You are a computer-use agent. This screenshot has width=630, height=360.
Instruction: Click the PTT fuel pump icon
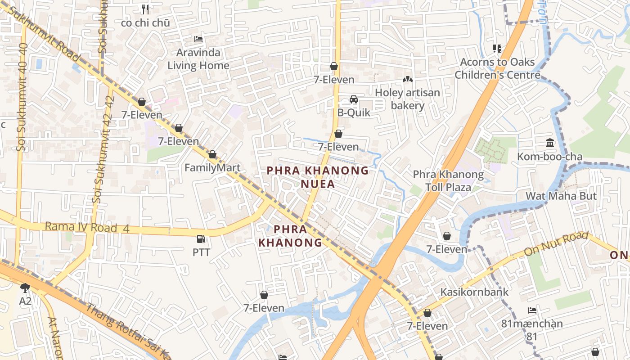click(201, 239)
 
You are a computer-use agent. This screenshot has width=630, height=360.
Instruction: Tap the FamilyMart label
click(212, 168)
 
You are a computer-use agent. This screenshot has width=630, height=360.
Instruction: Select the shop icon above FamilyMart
click(212, 155)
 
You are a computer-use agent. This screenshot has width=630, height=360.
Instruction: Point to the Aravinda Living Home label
click(198, 59)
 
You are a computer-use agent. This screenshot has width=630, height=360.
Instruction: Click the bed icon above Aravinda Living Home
click(198, 39)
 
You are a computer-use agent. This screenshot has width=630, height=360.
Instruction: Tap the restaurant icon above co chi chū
click(145, 9)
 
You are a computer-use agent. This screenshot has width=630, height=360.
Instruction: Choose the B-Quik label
click(354, 112)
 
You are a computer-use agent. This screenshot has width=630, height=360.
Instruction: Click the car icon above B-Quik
click(354, 99)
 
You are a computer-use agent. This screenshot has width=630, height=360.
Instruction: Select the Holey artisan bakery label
click(407, 99)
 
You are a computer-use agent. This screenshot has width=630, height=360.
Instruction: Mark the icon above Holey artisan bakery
click(407, 80)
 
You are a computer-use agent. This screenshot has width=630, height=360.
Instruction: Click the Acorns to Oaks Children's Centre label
click(497, 68)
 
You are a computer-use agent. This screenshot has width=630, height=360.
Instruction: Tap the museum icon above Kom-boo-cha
click(550, 143)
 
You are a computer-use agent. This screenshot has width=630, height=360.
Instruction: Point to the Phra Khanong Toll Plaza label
click(448, 180)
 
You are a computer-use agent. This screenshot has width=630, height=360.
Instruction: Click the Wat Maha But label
click(561, 196)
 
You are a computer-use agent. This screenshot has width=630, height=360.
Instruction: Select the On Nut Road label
click(556, 243)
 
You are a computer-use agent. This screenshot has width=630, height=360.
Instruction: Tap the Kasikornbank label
click(474, 292)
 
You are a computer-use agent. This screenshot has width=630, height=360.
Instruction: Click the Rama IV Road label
click(87, 227)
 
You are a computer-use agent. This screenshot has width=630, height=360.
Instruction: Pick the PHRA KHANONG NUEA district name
click(318, 177)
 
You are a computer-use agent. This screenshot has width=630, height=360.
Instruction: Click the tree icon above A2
click(25, 288)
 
